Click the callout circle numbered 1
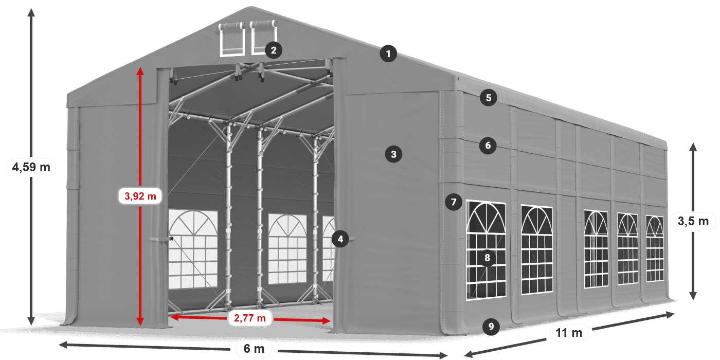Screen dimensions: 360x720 tap(389, 53)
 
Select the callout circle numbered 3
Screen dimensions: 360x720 tap(393, 154)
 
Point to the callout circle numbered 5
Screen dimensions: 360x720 tap(488, 97)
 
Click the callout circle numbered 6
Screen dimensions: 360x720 tap(488, 146)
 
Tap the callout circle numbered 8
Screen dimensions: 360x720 tap(487, 257)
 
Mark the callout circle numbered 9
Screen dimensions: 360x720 tap(491, 326)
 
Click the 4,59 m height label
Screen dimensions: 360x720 tap(31, 167)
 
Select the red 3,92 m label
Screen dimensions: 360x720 tap(140, 196)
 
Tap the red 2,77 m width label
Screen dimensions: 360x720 tap(250, 318)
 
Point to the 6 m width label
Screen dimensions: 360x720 tap(254, 349)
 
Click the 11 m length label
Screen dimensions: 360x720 tap(569, 333)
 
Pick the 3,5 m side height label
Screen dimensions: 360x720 tap(693, 222)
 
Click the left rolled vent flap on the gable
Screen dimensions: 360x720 tap(232, 39)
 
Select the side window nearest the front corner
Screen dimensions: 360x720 tap(486, 251)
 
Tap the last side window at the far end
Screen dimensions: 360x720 tap(655, 248)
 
